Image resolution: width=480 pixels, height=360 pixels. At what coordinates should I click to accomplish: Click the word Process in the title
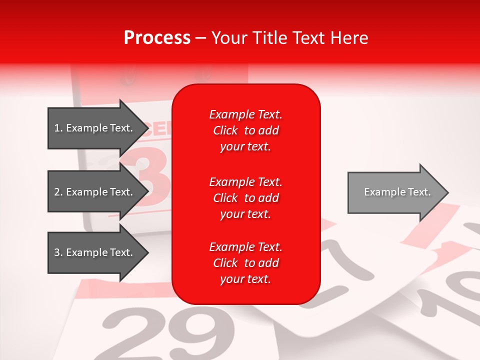pyautogui.click(x=157, y=38)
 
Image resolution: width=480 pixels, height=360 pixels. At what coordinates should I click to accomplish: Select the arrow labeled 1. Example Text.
pyautogui.click(x=95, y=128)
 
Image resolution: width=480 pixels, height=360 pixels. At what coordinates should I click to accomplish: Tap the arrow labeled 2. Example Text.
pyautogui.click(x=95, y=192)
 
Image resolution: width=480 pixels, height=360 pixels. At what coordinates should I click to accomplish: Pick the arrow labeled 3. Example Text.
pyautogui.click(x=95, y=252)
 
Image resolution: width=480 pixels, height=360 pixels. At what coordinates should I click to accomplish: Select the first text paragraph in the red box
pyautogui.click(x=246, y=130)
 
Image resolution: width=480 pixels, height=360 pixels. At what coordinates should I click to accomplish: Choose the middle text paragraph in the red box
pyautogui.click(x=246, y=198)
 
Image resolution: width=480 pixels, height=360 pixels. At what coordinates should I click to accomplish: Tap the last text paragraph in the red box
pyautogui.click(x=246, y=263)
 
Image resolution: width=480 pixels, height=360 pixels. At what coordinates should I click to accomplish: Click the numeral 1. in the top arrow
pyautogui.click(x=58, y=128)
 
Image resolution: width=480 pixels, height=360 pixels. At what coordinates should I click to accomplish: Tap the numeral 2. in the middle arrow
pyautogui.click(x=58, y=192)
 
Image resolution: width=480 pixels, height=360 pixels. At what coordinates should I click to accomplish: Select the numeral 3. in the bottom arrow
pyautogui.click(x=58, y=252)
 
